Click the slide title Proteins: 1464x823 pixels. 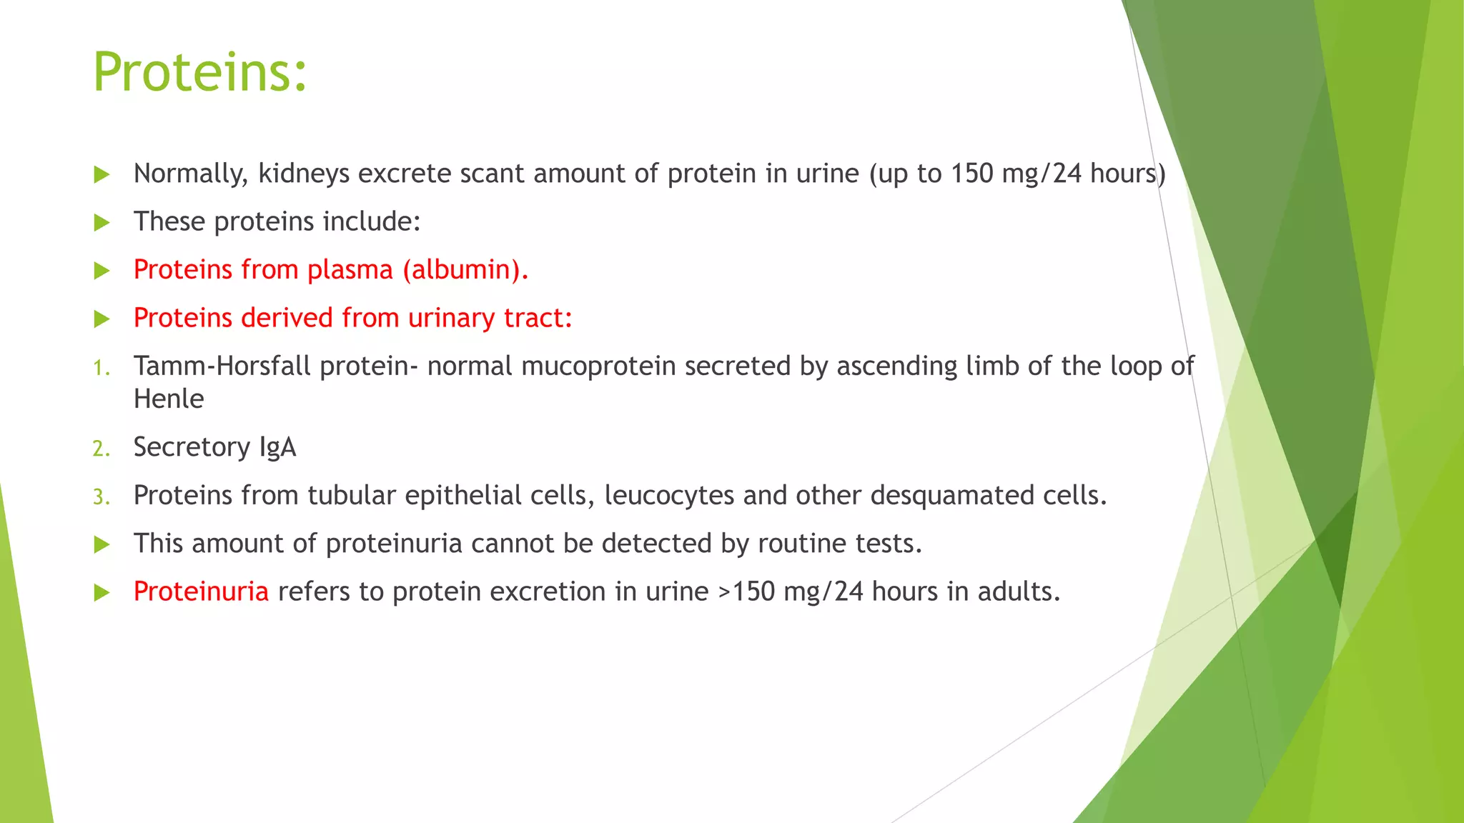[x=200, y=72]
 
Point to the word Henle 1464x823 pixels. [x=169, y=399]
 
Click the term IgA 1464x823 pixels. [x=277, y=447]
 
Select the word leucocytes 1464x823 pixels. [x=669, y=495]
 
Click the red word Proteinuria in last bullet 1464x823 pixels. [x=201, y=592]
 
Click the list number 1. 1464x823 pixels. [x=101, y=368]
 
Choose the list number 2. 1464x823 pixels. [x=101, y=449]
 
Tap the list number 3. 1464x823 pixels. [x=101, y=497]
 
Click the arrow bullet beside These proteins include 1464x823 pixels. [x=102, y=223]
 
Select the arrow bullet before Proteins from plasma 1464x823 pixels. [x=102, y=271]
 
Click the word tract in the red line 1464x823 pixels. [x=538, y=318]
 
